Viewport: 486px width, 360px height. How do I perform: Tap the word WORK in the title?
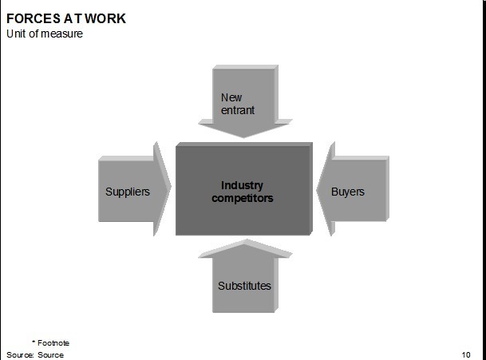[x=105, y=18]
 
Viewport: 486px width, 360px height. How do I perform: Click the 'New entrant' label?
[x=237, y=104]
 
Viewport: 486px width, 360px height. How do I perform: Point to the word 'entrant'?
[x=238, y=110]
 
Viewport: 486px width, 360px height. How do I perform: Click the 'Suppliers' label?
[x=128, y=192]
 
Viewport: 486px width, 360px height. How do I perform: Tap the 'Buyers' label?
[x=347, y=192]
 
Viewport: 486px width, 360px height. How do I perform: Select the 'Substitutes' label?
[x=244, y=286]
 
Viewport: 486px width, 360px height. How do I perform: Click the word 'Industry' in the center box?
[x=242, y=185]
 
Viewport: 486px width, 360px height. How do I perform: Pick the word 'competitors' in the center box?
[x=242, y=197]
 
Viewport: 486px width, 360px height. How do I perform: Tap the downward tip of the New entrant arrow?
[x=243, y=136]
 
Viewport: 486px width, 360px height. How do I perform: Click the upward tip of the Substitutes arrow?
[x=243, y=243]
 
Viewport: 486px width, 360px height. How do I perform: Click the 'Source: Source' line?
[x=35, y=354]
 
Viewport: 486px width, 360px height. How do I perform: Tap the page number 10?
[x=466, y=354]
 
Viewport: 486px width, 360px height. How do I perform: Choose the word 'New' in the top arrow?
[x=231, y=98]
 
